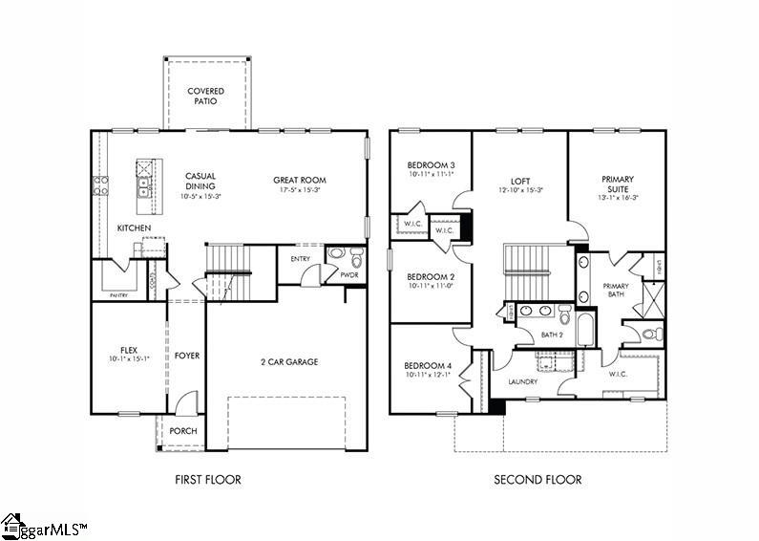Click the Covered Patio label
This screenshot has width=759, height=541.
point(205,97)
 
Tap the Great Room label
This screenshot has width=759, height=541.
point(300,180)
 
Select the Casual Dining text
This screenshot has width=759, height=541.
point(200,181)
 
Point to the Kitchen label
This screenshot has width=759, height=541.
point(134,228)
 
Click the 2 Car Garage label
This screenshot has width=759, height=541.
point(288,361)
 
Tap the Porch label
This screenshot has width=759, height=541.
point(182,431)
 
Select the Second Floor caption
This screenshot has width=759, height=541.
point(538,480)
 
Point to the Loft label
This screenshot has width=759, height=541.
point(519,180)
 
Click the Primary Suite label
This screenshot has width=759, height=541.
point(618,184)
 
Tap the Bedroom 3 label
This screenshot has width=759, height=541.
point(431,165)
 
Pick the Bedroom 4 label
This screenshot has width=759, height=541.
point(428,365)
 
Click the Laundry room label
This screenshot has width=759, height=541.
point(522,382)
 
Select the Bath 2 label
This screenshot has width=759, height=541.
point(552,335)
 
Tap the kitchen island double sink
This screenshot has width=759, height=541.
point(143,184)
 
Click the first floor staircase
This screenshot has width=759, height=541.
point(227,263)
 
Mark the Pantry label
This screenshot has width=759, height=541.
point(118,296)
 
